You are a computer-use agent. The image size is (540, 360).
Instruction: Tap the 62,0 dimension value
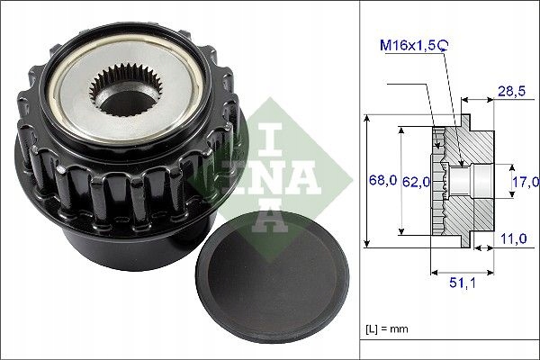click(415, 182)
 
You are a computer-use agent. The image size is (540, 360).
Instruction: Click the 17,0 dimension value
click(524, 182)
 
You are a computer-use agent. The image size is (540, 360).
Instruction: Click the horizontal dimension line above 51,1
click(463, 270)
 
